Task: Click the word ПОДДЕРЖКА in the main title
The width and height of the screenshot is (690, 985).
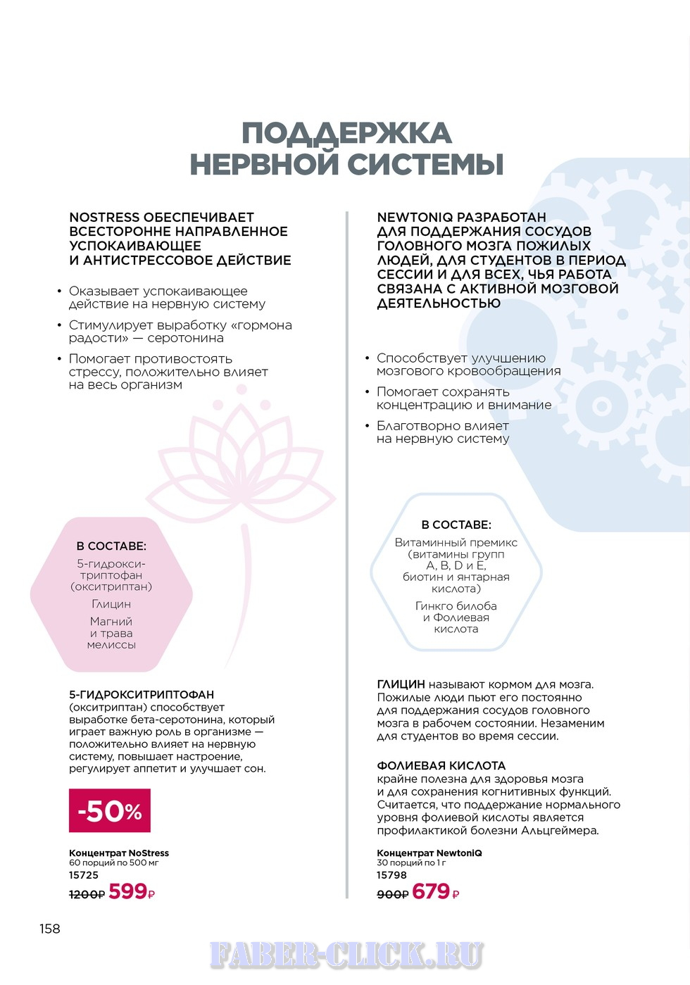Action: [346, 134]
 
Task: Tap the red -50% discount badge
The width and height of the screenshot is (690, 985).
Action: [110, 811]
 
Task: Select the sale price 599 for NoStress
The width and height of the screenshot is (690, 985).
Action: [127, 892]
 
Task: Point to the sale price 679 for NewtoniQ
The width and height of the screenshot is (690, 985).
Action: [431, 892]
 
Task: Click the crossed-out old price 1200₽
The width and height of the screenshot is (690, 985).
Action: [87, 894]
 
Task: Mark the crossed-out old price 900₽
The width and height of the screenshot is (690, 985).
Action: [392, 894]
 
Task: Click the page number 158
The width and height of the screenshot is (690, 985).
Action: [50, 929]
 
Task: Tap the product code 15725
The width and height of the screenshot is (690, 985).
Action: [84, 875]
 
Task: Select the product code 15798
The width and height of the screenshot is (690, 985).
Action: [391, 875]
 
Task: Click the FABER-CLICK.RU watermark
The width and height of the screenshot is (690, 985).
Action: [346, 955]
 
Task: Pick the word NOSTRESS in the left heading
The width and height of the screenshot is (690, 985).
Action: [103, 218]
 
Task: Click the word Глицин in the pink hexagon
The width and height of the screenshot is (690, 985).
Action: [111, 604]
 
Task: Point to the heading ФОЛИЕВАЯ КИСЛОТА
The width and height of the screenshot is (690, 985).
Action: [441, 765]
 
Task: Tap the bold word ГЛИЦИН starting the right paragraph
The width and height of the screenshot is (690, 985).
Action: [401, 684]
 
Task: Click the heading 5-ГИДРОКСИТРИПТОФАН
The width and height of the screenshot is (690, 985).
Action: [142, 694]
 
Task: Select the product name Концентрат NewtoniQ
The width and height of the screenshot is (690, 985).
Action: [429, 853]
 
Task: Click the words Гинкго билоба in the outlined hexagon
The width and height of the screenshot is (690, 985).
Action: [456, 606]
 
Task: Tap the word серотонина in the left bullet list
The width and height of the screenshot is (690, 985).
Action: [186, 338]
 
